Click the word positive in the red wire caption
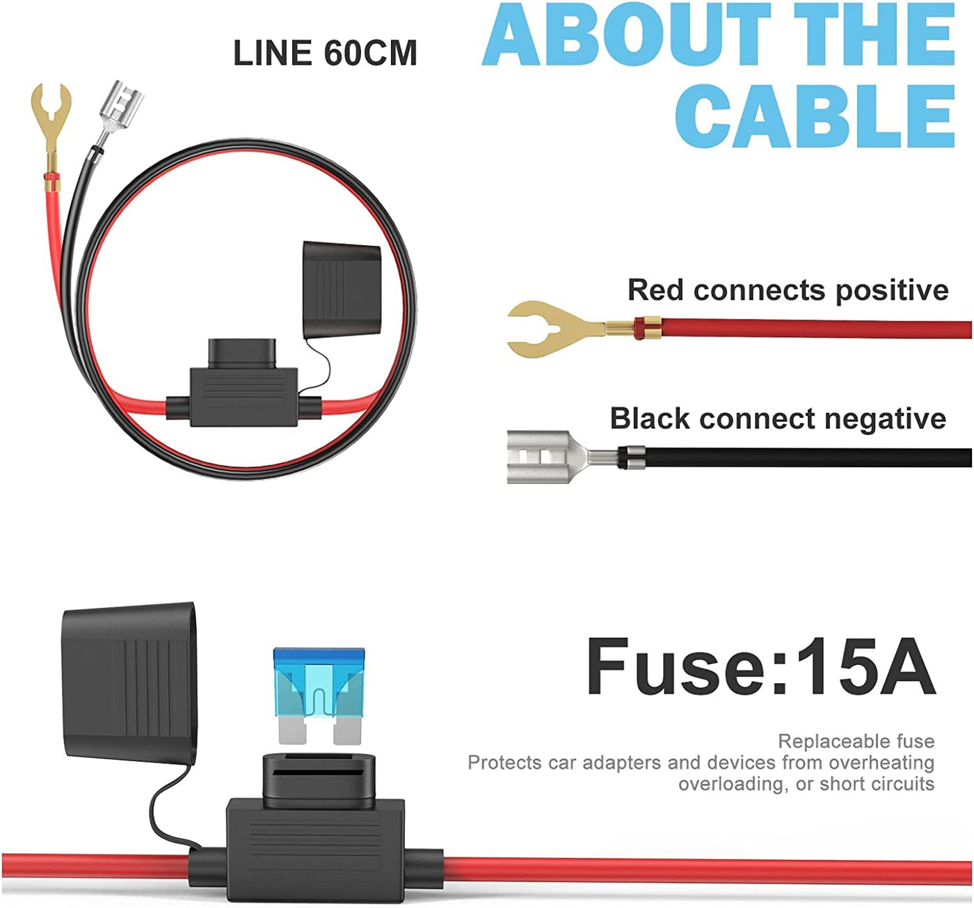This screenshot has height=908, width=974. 892,290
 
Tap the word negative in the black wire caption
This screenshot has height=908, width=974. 885,418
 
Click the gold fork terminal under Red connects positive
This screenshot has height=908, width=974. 550,329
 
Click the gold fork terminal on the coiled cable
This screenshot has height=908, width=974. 51,111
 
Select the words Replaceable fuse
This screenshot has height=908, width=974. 856,741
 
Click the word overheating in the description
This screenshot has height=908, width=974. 881,762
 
